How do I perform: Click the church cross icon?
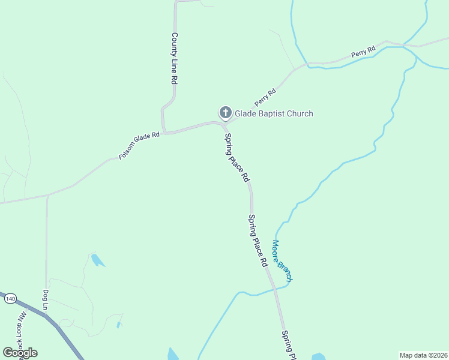pos(225,112)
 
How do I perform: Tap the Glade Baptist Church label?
pos(274,113)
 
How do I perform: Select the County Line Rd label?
pos(175,58)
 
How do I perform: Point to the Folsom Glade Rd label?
pos(139,145)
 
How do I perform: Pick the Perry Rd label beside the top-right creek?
pos(364,52)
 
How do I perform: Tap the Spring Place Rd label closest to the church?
pos(237,157)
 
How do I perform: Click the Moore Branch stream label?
pos(282,261)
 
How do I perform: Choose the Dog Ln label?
pos(46,301)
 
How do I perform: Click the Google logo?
pos(20,352)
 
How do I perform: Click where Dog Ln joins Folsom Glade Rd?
pos(47,196)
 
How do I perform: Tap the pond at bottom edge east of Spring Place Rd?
pos(318,356)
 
